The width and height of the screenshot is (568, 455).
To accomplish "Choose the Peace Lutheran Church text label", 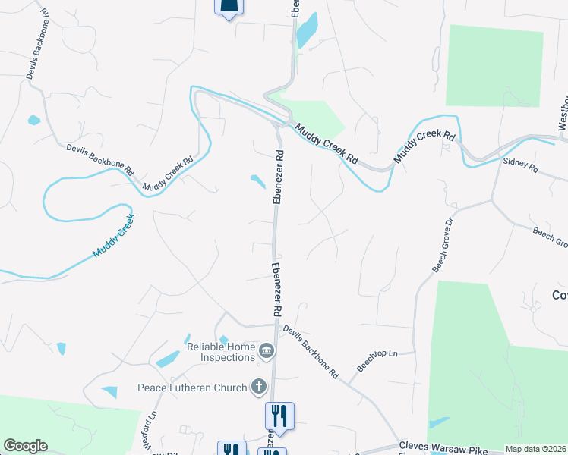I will [192, 388].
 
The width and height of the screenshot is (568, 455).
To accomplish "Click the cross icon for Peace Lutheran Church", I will [258, 387].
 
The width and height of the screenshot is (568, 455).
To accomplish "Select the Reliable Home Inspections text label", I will [220, 352].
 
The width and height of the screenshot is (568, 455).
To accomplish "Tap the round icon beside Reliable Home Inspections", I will [267, 350].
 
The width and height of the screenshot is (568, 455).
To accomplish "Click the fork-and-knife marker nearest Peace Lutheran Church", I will [279, 416].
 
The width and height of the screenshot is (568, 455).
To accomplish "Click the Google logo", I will [25, 446].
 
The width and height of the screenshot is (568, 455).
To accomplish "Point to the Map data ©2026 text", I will [535, 449].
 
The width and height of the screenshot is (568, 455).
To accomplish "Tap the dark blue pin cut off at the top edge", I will [229, 8].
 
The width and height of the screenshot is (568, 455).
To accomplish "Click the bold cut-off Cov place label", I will [560, 295].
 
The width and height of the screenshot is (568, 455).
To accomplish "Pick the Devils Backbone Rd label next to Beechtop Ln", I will [310, 353].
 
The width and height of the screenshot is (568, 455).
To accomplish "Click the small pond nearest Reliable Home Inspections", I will [223, 339].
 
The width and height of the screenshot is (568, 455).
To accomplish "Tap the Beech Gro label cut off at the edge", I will [550, 237].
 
